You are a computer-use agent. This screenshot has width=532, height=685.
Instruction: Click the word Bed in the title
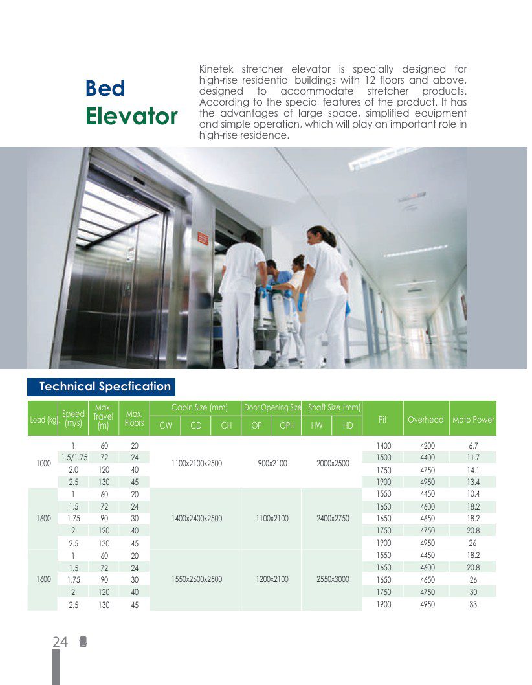point(105,89)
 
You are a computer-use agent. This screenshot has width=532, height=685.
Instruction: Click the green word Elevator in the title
point(131,117)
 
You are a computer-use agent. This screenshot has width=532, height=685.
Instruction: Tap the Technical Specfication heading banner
point(105,387)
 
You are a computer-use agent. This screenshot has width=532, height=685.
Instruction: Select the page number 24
point(60,642)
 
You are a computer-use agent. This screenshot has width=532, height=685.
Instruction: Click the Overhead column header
point(425,420)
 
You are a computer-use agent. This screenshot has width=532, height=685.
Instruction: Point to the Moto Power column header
point(473,420)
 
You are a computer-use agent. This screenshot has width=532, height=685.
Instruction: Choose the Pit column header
point(382,420)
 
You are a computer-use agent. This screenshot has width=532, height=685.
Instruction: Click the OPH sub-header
point(287,425)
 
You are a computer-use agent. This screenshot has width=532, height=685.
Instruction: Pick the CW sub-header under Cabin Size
point(166,425)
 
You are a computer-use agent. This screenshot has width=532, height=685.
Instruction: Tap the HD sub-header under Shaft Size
point(348,425)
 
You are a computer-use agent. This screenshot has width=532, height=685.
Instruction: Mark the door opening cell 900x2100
point(272,464)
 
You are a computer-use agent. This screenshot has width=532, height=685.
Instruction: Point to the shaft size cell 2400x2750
point(331,519)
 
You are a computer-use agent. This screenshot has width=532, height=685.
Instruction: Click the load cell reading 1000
point(43,464)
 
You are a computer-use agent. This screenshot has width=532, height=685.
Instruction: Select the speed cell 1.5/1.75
point(74,457)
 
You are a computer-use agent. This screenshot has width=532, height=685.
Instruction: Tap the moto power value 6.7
point(473,445)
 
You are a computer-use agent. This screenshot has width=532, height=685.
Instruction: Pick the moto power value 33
point(473,604)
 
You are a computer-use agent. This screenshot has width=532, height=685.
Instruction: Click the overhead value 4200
point(427,445)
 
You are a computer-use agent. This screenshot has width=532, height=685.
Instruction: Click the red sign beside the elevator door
point(202,238)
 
